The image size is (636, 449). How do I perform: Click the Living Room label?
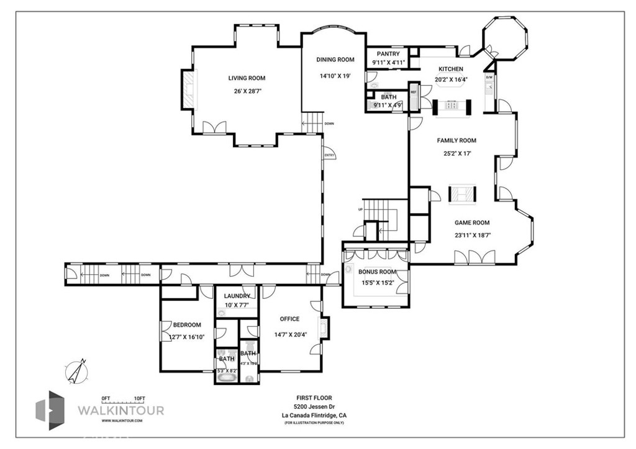pos(247,78)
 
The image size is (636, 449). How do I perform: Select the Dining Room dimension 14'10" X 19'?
pos(335,76)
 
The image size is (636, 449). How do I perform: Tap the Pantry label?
pos(388,55)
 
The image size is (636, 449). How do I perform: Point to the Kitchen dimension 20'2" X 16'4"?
pos(451,79)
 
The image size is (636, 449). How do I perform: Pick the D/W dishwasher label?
pos(489,78)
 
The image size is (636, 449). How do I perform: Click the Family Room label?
pos(457,141)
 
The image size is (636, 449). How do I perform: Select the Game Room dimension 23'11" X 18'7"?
pos(473,235)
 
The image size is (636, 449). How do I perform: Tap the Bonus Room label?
pos(377,272)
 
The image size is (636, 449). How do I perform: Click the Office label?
pos(289,319)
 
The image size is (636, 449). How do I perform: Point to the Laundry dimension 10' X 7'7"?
pos(237,305)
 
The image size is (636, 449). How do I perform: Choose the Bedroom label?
pos(187,325)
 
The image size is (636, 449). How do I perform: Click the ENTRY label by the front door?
pos(329,155)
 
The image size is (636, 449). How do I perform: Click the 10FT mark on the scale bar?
pos(139,398)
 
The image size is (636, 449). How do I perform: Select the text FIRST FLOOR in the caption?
pos(314,398)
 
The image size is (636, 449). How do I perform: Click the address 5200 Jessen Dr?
pos(314,407)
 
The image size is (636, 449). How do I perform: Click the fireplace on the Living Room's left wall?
pos(187,90)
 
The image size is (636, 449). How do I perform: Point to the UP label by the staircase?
pos(360,209)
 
